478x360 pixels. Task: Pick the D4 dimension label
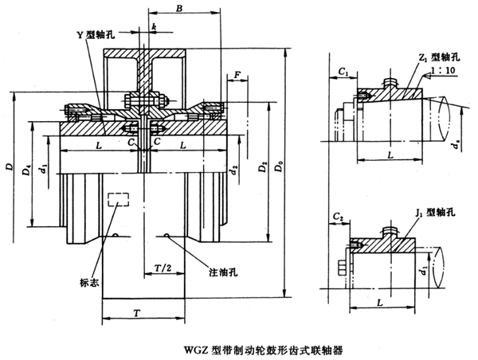coord(27,170)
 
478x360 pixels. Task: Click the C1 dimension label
coord(343,72)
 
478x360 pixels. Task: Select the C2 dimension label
coord(339,216)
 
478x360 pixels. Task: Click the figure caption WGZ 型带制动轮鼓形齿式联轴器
coord(239,348)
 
